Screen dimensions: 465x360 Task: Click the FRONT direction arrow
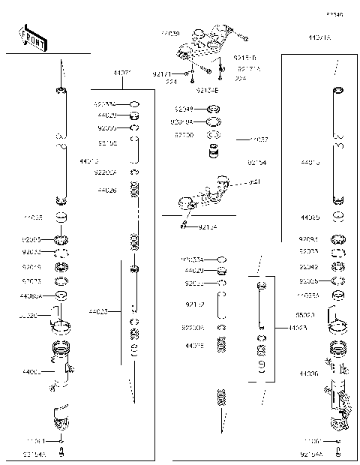31,40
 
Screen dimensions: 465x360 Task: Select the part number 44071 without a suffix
122,73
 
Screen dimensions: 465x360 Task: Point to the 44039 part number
170,34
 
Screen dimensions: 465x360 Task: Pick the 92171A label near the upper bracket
248,67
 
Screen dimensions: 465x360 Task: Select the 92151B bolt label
244,57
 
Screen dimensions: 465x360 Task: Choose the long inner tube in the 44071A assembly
338,146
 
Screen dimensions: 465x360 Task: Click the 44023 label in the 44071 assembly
97,310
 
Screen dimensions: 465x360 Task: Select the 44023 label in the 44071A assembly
297,328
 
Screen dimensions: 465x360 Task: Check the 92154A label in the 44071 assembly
34,454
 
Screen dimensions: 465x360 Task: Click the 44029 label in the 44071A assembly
193,270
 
